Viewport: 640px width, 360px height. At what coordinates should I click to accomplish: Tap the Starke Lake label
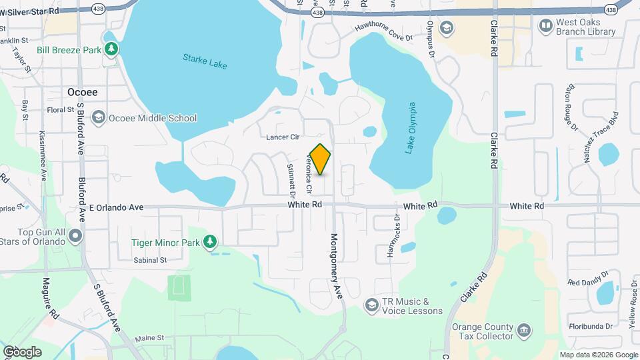coord(205,61)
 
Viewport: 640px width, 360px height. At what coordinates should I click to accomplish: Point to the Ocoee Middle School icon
coord(98,118)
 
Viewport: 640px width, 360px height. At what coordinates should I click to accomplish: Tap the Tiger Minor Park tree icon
coord(210,241)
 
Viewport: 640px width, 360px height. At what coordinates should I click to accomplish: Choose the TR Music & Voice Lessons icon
coord(371,305)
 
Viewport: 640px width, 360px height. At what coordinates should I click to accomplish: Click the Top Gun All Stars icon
coord(75,235)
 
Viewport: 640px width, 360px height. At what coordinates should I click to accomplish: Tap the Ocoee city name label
coord(82,92)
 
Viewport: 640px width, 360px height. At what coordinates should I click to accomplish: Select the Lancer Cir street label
coord(282,137)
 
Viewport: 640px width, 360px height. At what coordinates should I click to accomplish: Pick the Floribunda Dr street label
coord(590,326)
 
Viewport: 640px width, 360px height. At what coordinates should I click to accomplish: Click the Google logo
coord(22,351)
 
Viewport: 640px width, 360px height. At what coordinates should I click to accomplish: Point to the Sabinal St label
coord(149,260)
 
